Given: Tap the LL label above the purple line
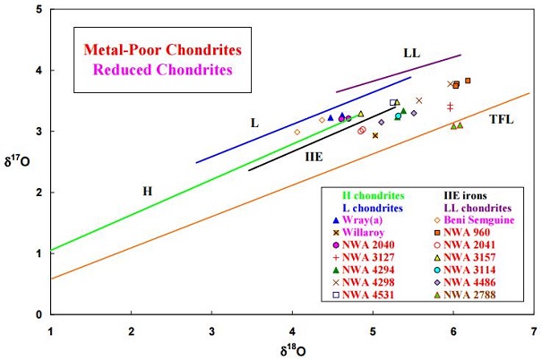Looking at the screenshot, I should click(411, 53).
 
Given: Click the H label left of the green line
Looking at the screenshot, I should click(148, 191).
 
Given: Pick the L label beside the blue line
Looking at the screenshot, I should click(254, 122).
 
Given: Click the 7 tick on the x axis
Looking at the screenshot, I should click(535, 330).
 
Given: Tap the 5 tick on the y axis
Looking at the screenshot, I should click(38, 10).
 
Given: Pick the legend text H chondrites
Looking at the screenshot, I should click(374, 194).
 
